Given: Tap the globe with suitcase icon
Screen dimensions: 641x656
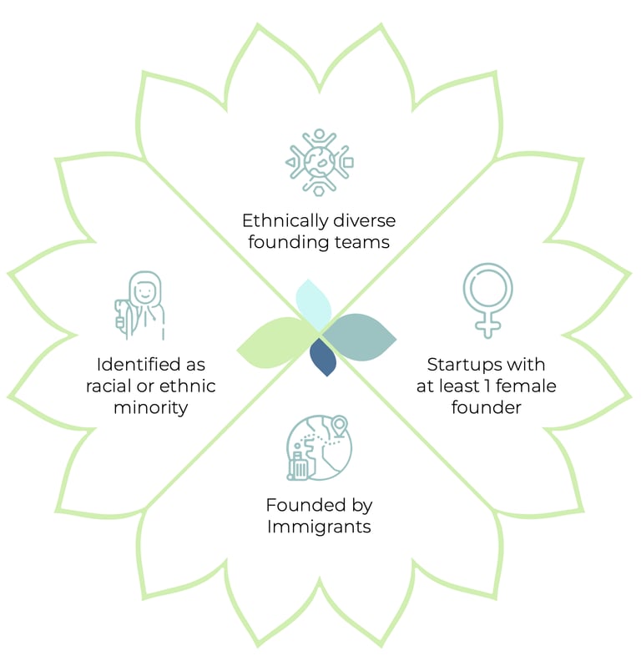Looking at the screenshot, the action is point(319,447).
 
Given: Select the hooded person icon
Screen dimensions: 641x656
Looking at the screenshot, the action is point(140,305).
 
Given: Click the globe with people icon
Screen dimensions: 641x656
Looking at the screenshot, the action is point(319,162).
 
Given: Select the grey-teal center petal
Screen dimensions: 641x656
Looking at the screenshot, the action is point(360,337).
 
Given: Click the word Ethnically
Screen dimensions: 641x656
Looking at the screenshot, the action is point(285,221).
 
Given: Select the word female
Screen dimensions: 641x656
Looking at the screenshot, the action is point(526,386).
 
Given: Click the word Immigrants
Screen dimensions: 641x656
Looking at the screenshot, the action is point(319,527).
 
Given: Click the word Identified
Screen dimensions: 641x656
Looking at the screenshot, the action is point(139,365).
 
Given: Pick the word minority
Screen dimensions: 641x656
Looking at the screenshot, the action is point(151,407).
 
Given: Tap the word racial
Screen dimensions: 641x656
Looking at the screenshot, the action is point(109,386).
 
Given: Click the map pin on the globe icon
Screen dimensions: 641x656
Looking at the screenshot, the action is point(340,426).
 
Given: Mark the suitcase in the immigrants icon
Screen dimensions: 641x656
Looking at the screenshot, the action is point(299,467).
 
